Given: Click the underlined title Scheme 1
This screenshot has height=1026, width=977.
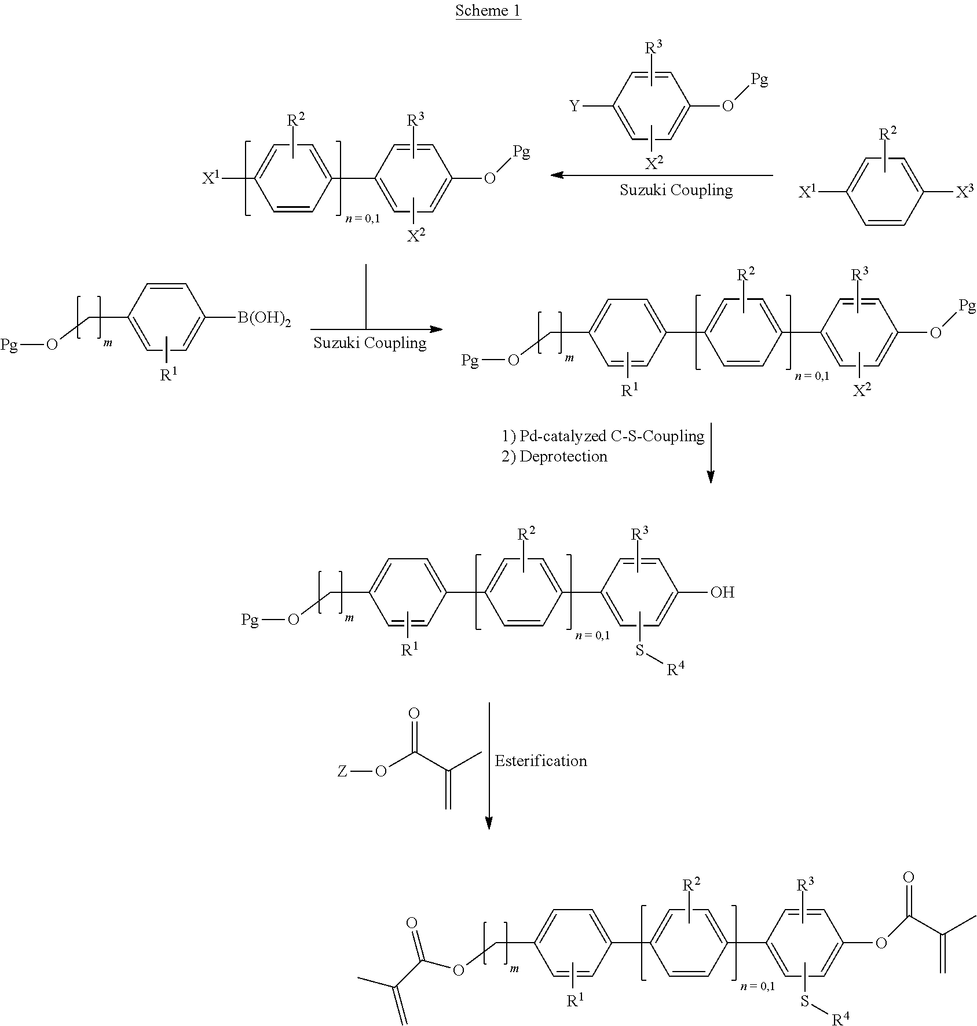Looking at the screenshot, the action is pyautogui.click(x=488, y=11).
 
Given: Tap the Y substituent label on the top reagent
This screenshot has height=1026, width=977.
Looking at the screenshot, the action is pyautogui.click(x=574, y=107).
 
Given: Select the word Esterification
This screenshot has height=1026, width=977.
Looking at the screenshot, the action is pyautogui.click(x=540, y=761).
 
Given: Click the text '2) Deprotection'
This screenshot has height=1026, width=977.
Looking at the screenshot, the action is pyautogui.click(x=554, y=457).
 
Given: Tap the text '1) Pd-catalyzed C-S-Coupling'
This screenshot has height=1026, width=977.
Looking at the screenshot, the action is pyautogui.click(x=603, y=436).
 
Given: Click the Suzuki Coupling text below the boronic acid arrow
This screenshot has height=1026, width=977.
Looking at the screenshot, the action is pyautogui.click(x=369, y=343).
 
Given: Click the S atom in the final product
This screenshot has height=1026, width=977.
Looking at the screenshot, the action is pyautogui.click(x=804, y=1001).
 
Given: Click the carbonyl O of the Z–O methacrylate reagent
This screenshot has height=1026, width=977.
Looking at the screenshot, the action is pyautogui.click(x=414, y=714).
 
